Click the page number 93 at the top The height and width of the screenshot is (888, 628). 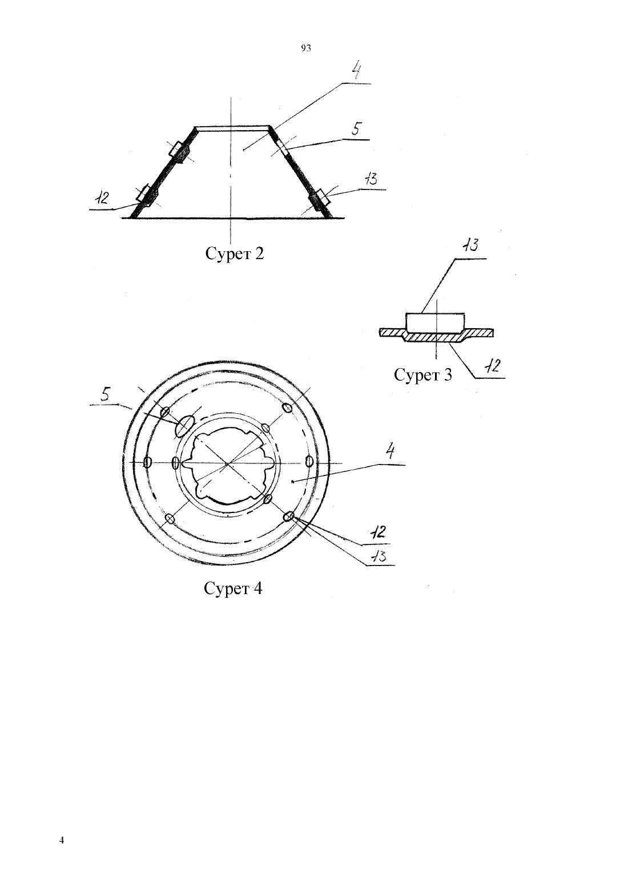305,49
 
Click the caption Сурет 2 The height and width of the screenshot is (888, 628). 234,254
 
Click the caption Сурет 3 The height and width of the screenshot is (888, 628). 422,374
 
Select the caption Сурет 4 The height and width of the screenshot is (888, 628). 233,588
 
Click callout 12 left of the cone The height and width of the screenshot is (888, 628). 102,198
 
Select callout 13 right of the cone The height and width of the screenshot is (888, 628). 371,180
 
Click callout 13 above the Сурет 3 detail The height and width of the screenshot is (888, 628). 470,245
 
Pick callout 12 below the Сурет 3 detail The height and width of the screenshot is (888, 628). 492,365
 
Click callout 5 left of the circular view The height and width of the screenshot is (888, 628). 105,394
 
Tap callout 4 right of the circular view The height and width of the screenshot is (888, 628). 390,451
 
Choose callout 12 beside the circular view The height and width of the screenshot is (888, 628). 378,532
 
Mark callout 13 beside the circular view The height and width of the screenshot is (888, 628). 378,556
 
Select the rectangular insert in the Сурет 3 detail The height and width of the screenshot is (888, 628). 435,322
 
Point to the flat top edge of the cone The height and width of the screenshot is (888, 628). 232,128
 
